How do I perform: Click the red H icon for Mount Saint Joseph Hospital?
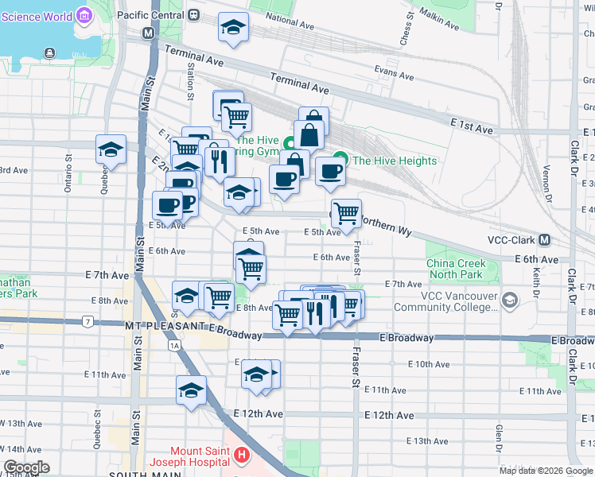coord(242,456)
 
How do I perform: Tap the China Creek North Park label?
coord(455,269)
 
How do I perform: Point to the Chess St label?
coord(407,32)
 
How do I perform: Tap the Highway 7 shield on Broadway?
coord(87,322)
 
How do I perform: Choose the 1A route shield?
coord(173,345)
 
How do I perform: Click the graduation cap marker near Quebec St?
coord(111,149)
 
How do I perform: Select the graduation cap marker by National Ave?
coord(234,28)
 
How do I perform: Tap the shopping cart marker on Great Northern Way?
coord(346,212)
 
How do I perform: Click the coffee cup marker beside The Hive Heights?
coord(329,170)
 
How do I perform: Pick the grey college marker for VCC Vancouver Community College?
coord(509,301)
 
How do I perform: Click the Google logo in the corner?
coord(26,467)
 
